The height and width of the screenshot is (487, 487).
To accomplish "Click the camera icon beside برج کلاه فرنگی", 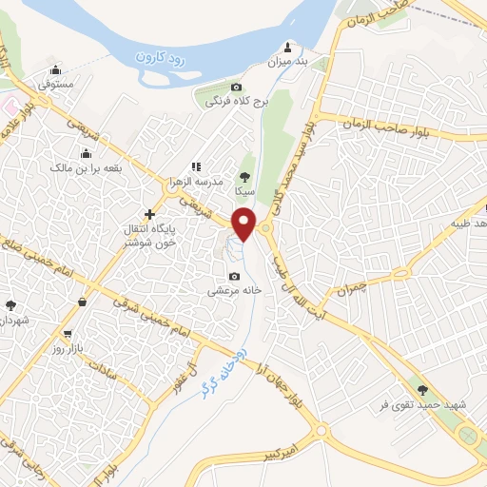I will tap(236, 87).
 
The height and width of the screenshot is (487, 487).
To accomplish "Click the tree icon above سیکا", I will tap(245, 176).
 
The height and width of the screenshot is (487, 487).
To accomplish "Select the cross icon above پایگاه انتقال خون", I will tap(148, 214).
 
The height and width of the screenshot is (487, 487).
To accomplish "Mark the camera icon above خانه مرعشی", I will tap(233, 276).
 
